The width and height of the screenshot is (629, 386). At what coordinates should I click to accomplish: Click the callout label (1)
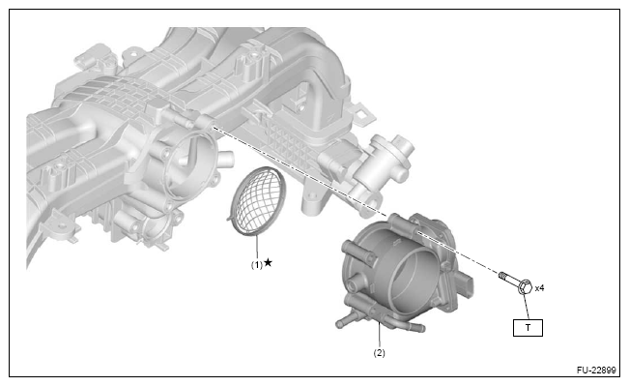257,265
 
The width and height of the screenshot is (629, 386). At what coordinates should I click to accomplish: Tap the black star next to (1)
269,263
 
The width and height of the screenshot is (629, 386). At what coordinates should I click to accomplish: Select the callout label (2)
379,353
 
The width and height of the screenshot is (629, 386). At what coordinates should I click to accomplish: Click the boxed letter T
528,328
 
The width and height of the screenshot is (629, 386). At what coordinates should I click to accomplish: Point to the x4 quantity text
539,288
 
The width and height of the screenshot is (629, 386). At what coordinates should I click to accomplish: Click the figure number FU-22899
596,370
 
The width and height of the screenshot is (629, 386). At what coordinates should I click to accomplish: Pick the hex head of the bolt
525,286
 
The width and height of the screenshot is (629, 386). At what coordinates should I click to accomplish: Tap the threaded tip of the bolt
501,275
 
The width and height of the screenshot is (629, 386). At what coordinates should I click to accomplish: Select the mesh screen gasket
256,201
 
